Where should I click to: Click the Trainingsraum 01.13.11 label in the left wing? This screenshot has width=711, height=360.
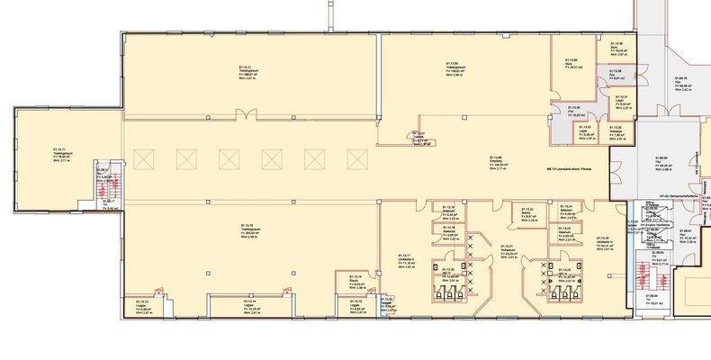(60, 154)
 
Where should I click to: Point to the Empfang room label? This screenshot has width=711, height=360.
(494, 162)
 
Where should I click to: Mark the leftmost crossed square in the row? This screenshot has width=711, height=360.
(185, 159)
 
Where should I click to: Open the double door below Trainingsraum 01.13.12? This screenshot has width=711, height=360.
(246, 114)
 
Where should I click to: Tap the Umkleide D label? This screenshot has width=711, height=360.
(409, 261)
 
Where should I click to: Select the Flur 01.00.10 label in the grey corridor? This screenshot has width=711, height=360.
(686, 84)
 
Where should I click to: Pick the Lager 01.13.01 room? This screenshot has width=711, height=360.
(620, 101)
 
